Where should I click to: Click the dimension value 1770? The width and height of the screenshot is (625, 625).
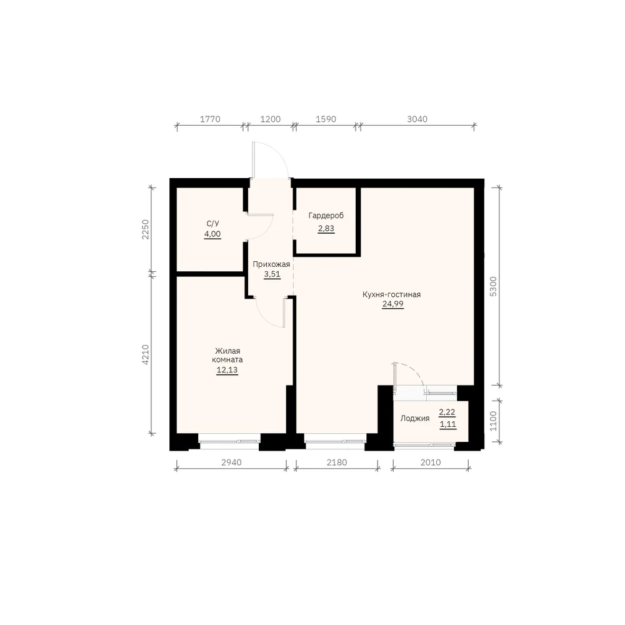click(x=210, y=119)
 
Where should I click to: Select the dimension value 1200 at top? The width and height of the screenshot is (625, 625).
click(x=270, y=119)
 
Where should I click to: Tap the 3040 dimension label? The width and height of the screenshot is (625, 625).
click(x=417, y=119)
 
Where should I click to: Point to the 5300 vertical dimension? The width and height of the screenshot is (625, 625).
click(x=493, y=286)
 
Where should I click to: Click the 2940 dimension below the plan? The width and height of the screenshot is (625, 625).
click(x=231, y=462)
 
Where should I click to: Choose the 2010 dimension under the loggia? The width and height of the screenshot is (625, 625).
click(x=431, y=462)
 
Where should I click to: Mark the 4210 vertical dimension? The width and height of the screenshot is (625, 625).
click(x=146, y=355)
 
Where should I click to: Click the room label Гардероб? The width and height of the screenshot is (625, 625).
click(x=326, y=216)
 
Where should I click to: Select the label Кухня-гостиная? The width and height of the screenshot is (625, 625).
click(x=391, y=294)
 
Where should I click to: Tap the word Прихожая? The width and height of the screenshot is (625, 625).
click(x=271, y=264)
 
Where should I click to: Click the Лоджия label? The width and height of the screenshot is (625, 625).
click(x=415, y=419)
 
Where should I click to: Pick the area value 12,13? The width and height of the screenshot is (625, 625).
click(x=227, y=370)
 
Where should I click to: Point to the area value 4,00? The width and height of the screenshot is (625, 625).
click(x=212, y=234)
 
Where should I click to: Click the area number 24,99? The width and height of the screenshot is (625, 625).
click(x=393, y=304)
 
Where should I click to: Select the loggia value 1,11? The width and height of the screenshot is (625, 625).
click(x=448, y=424)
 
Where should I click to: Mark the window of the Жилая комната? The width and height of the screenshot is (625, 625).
click(x=229, y=441)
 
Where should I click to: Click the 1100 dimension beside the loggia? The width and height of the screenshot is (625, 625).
click(x=493, y=421)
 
